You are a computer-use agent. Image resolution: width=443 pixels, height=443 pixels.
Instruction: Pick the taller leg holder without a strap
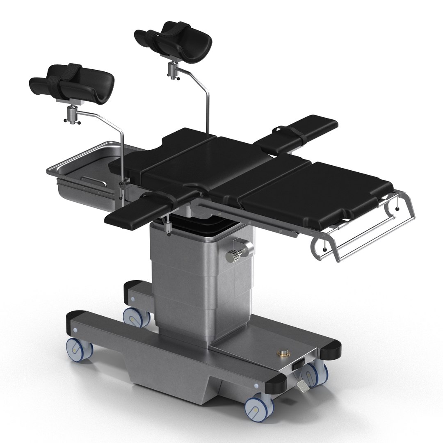click(x=175, y=39)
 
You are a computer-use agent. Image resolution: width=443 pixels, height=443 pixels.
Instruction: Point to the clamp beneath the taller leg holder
click(x=174, y=70)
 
